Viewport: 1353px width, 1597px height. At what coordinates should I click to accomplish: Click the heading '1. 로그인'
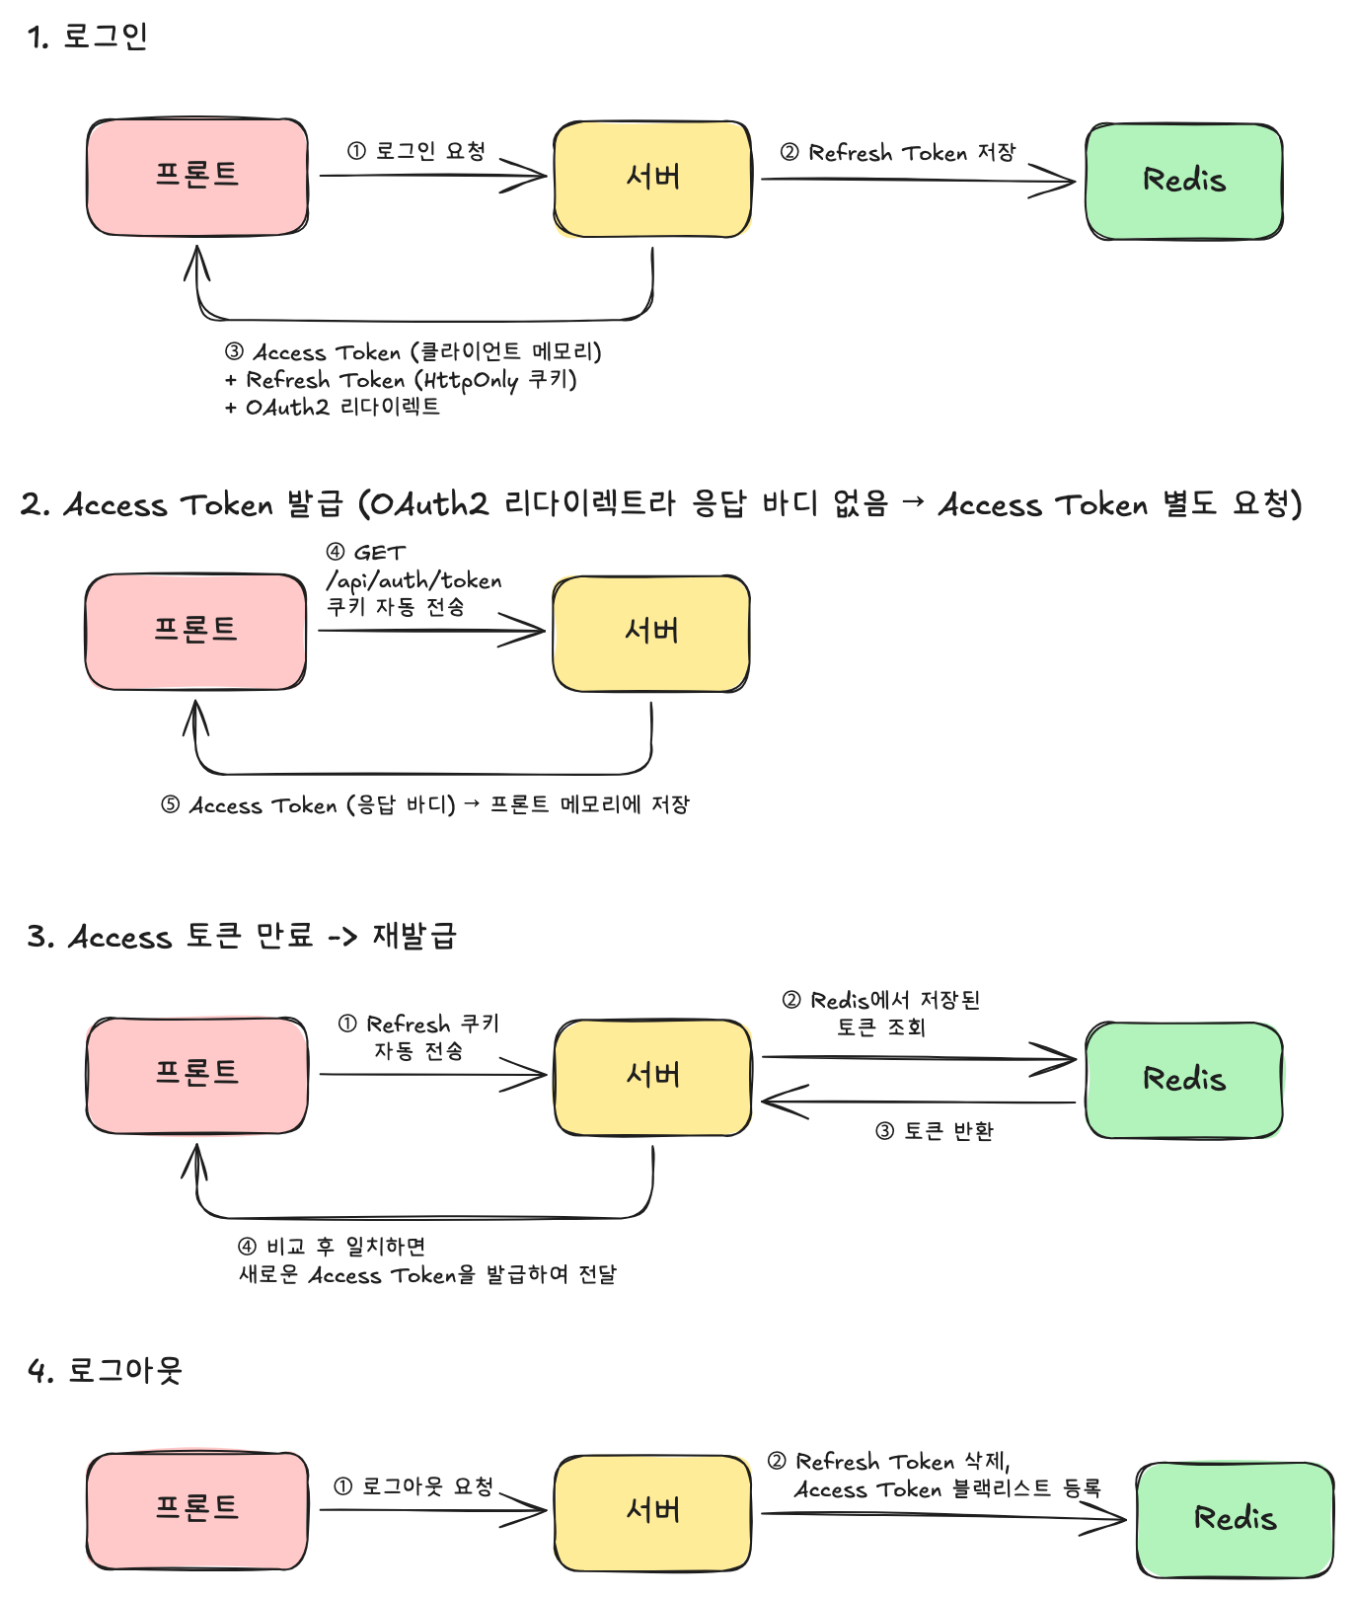pyautogui.click(x=88, y=37)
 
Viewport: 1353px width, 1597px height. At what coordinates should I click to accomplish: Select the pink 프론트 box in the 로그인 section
pyautogui.click(x=197, y=178)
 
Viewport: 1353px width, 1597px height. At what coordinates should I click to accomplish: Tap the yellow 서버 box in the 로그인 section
pyautogui.click(x=652, y=179)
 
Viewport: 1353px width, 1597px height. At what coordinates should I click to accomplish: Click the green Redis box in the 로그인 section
pyautogui.click(x=1184, y=182)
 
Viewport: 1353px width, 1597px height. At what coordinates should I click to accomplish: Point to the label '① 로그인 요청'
pyautogui.click(x=416, y=151)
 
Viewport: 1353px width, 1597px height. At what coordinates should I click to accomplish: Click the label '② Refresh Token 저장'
pyautogui.click(x=898, y=153)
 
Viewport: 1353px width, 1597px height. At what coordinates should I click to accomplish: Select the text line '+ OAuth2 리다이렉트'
pyautogui.click(x=333, y=407)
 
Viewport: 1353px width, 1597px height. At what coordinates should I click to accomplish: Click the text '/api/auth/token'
pyautogui.click(x=413, y=580)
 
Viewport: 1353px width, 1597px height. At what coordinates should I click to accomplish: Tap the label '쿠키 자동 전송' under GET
pyautogui.click(x=396, y=607)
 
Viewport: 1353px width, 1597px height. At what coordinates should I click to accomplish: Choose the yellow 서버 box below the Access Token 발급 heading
pyautogui.click(x=651, y=634)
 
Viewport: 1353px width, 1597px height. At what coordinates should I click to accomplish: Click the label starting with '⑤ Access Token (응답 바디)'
pyautogui.click(x=425, y=805)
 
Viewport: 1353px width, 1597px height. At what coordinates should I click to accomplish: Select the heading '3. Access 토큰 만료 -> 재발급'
pyautogui.click(x=242, y=936)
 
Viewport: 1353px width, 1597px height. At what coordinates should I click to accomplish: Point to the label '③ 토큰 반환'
pyautogui.click(x=935, y=1131)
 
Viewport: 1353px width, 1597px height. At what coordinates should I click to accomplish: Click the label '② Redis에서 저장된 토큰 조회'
pyautogui.click(x=881, y=1014)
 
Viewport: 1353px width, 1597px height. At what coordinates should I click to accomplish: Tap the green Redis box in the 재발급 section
pyautogui.click(x=1184, y=1080)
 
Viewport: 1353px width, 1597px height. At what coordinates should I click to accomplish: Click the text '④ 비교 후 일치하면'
pyautogui.click(x=332, y=1247)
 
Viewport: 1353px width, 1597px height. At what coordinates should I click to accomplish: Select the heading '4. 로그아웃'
pyautogui.click(x=105, y=1370)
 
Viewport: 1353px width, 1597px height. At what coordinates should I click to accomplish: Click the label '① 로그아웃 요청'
pyautogui.click(x=413, y=1486)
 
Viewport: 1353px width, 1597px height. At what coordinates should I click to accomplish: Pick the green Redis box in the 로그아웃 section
pyautogui.click(x=1235, y=1520)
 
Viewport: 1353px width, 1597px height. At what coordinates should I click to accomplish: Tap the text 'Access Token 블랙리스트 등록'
pyautogui.click(x=948, y=1488)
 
